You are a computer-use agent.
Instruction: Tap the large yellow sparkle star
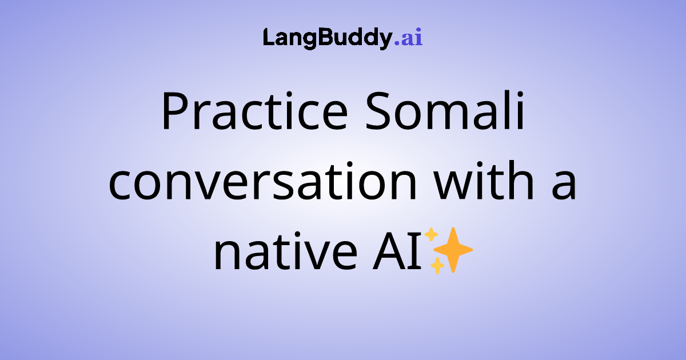[453, 249]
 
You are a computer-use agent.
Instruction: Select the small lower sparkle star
[437, 266]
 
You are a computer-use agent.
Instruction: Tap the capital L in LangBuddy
[269, 38]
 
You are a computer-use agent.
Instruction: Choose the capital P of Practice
[173, 111]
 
